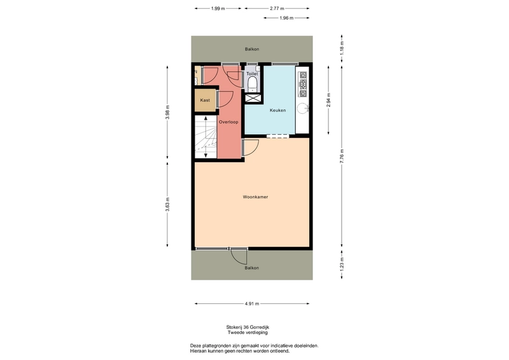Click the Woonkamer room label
click(255, 197)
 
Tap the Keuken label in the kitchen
click(277, 110)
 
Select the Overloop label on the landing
click(228, 122)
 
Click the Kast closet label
click(205, 100)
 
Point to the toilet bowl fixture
click(252, 85)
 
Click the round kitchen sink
click(303, 108)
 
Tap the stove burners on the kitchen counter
click(303, 85)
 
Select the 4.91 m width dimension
click(252, 304)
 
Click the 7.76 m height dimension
click(342, 156)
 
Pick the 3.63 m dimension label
click(167, 204)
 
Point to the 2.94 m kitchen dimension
click(328, 100)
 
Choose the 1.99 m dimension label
click(218, 9)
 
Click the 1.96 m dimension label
click(286, 18)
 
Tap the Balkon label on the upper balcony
click(252, 49)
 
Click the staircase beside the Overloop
click(206, 137)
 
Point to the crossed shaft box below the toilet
click(253, 98)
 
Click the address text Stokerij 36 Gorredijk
click(248, 327)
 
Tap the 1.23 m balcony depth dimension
click(342, 264)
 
